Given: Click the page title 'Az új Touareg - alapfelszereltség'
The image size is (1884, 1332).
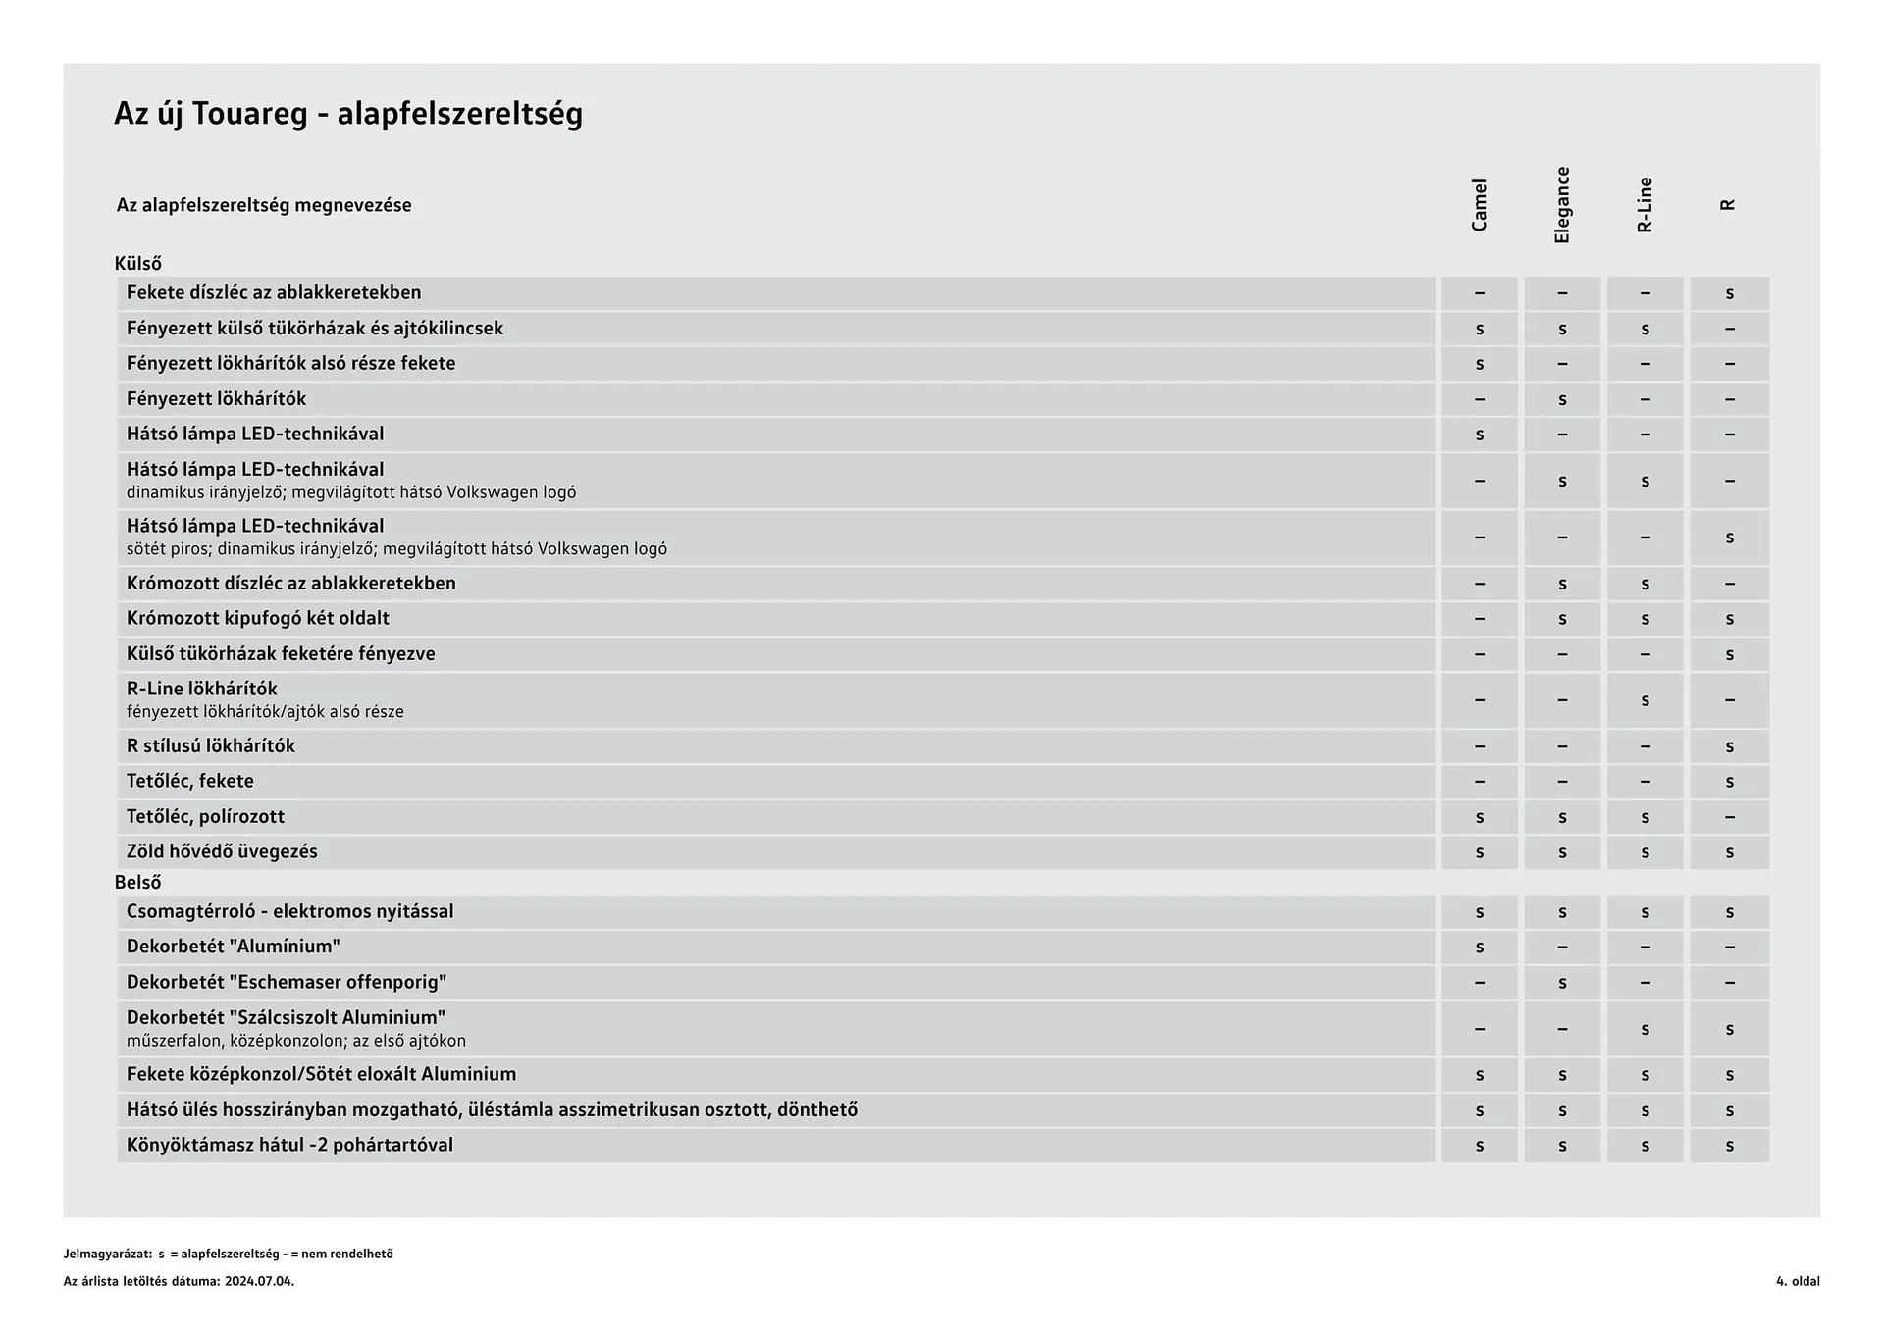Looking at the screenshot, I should (x=348, y=114).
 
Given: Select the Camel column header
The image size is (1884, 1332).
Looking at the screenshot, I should (x=1479, y=205).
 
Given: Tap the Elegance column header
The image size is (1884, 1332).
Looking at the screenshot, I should (x=1562, y=205).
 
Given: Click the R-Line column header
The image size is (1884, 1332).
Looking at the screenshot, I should (x=1646, y=205).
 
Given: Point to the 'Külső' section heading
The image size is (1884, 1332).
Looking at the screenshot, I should (x=138, y=264).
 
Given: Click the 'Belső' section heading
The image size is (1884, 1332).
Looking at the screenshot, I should (x=138, y=883).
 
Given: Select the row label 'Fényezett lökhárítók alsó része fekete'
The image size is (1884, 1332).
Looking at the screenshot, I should (x=291, y=364).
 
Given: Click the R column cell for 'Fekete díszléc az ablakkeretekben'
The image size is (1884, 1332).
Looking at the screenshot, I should (x=1729, y=293).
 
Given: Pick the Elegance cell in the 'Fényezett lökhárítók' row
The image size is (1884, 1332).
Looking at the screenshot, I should (x=1562, y=399).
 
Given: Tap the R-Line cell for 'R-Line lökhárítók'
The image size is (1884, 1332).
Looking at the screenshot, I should (x=1646, y=700).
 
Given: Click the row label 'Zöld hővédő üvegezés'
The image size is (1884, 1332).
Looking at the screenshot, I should (x=222, y=851).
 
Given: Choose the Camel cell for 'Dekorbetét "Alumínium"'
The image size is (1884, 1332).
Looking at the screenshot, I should (x=1479, y=948).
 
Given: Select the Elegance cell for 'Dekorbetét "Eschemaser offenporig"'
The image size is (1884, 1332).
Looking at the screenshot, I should (x=1562, y=983).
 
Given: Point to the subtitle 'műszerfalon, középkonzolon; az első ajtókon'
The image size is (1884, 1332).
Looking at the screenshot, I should (x=296, y=1041).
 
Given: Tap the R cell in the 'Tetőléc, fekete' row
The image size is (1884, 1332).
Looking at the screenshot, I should (x=1729, y=782).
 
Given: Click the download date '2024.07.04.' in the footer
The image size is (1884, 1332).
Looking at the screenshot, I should (x=259, y=1281).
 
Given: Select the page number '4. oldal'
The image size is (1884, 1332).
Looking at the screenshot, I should (x=1797, y=1281).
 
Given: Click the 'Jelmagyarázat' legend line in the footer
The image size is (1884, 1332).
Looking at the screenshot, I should (x=228, y=1254).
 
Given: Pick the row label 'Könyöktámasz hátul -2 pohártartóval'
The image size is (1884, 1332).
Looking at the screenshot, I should (x=289, y=1146).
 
